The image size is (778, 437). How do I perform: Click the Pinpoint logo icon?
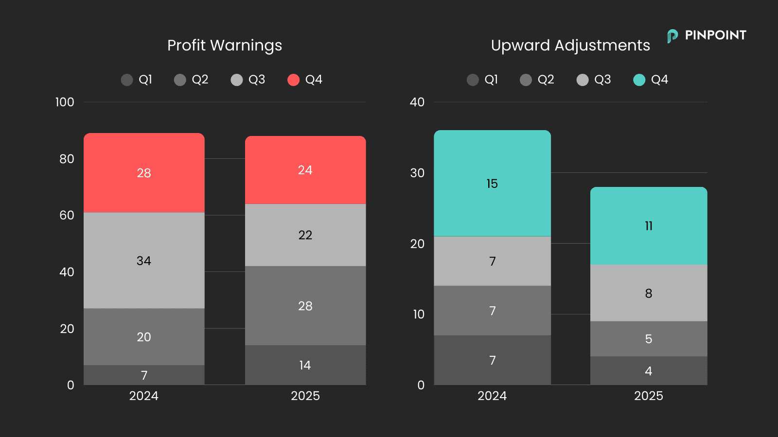[672, 36]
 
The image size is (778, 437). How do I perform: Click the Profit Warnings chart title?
[224, 45]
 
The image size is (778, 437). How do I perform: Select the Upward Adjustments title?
[570, 45]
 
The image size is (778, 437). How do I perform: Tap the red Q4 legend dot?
[293, 80]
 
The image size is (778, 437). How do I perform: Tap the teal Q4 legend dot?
[639, 80]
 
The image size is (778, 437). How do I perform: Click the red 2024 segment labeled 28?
[144, 173]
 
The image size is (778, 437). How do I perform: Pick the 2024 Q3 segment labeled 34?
[144, 261]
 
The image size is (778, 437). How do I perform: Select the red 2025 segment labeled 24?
[305, 170]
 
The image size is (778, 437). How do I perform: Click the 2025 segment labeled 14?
[305, 365]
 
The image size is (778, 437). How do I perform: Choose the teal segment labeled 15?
[492, 184]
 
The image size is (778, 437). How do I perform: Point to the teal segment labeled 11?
[649, 226]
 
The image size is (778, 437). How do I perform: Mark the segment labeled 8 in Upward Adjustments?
[649, 293]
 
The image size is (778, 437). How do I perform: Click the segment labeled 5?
[649, 339]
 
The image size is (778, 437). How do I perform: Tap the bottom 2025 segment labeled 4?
[649, 371]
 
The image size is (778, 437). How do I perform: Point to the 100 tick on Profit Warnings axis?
[65, 102]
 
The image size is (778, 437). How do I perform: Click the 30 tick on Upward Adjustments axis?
[417, 173]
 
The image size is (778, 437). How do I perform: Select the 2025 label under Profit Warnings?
[305, 396]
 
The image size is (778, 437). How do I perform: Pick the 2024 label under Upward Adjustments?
[492, 396]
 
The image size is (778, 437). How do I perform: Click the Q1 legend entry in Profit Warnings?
[137, 80]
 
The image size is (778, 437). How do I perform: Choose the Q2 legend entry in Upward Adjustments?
[537, 80]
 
